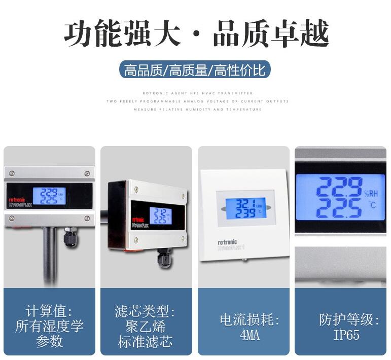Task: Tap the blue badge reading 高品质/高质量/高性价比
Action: point(195,70)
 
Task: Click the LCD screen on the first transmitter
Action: point(49,196)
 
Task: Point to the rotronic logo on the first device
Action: point(17,200)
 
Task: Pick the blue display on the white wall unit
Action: point(245,208)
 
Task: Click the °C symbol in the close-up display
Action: point(373,205)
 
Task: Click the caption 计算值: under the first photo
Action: point(49,311)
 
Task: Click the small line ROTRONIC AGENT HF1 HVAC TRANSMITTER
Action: point(197,93)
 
